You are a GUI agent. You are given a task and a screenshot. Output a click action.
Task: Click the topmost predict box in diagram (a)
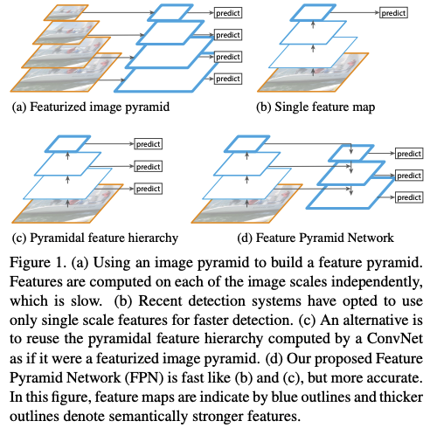pyautogui.click(x=228, y=13)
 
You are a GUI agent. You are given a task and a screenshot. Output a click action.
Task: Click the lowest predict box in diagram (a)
pyautogui.click(x=228, y=79)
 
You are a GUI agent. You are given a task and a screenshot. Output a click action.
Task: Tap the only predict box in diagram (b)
pyautogui.click(x=393, y=13)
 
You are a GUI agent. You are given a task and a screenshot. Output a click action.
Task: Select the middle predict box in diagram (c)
pyautogui.click(x=148, y=167)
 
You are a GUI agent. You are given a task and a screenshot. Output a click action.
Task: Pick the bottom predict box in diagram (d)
pyautogui.click(x=409, y=197)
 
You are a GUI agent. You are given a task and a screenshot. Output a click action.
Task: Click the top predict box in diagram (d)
pyautogui.click(x=409, y=154)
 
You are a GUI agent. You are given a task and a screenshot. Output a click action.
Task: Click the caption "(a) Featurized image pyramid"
pyautogui.click(x=91, y=107)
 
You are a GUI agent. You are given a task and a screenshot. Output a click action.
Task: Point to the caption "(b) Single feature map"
pyautogui.click(x=316, y=107)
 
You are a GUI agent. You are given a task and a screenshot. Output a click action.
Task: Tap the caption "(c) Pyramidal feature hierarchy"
pyautogui.click(x=95, y=238)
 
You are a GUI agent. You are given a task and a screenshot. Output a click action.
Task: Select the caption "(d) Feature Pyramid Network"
pyautogui.click(x=316, y=238)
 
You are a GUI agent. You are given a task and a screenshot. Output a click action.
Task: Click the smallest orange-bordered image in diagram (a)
pyautogui.click(x=66, y=12)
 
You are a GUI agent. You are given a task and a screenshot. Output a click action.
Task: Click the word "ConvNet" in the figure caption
pyautogui.click(x=394, y=339)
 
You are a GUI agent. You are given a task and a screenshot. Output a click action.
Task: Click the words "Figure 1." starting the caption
pyautogui.click(x=37, y=263)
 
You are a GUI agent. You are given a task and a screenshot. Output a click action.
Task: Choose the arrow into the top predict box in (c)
pyautogui.click(x=110, y=143)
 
